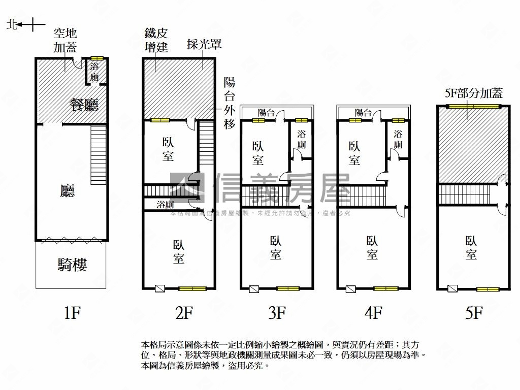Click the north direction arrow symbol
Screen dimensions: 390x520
tap(31, 24)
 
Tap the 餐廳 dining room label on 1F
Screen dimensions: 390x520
tap(84, 105)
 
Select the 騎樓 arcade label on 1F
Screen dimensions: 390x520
tap(72, 265)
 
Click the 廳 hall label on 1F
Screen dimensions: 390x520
tap(68, 191)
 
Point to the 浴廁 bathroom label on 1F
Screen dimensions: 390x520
tap(94, 72)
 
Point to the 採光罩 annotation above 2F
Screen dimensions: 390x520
tap(204, 44)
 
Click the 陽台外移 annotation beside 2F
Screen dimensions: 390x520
tap(229, 103)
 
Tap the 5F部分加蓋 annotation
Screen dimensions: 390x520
tap(473, 93)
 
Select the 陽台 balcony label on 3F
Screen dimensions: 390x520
tap(266, 113)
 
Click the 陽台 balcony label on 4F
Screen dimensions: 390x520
tap(363, 113)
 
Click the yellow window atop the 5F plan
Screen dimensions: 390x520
tap(473, 106)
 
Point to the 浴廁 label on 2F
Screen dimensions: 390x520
tap(166, 205)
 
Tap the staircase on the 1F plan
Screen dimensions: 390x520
tap(99, 155)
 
